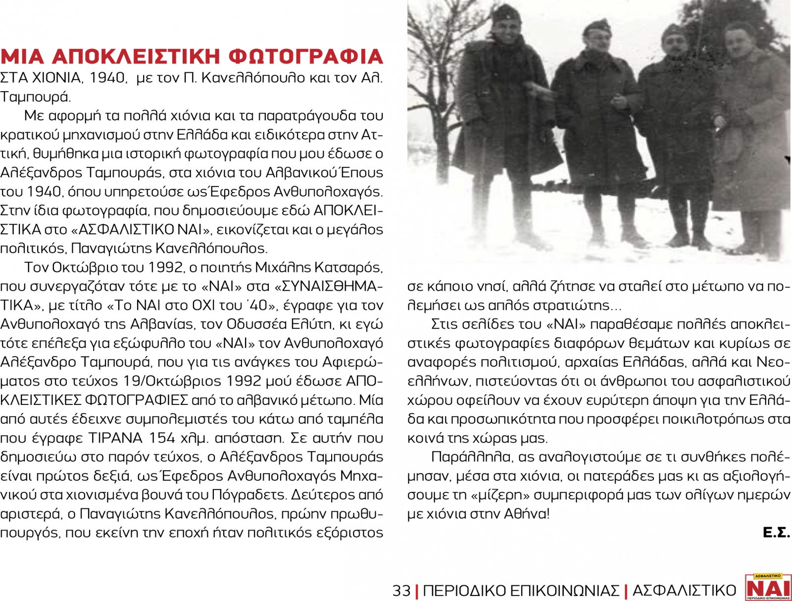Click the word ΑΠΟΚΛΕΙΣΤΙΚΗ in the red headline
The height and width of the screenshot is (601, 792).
[136, 57]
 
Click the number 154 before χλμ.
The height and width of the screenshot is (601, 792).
[161, 438]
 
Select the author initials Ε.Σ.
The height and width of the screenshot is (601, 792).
[776, 533]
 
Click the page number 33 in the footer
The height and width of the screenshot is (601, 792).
[401, 591]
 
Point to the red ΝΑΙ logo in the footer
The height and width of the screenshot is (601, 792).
[768, 588]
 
